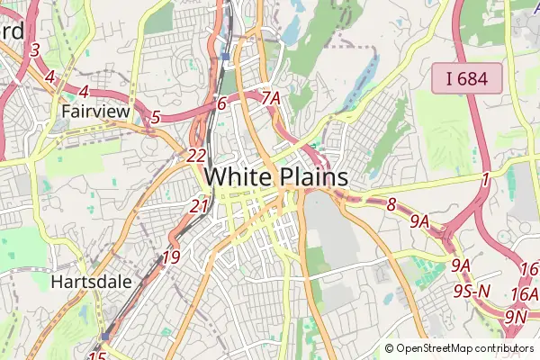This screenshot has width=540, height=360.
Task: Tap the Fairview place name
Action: click(96, 112)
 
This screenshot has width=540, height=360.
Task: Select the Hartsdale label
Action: click(91, 282)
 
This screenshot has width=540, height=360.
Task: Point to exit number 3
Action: click(35, 50)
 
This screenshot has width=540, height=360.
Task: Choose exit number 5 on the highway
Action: click(156, 117)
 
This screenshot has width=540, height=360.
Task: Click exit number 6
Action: click(221, 103)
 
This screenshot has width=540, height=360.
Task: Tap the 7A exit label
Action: click(271, 97)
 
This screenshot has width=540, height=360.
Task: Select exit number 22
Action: click(197, 156)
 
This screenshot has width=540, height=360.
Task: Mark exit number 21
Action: click(199, 206)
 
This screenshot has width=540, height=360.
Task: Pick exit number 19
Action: click(171, 258)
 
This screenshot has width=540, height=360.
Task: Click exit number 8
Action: click(391, 205)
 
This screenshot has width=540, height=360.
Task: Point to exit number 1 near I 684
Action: click(485, 180)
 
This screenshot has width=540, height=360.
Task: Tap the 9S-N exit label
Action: click(472, 291)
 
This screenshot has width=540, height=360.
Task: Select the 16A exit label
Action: click(524, 294)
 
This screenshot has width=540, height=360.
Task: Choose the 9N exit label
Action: click(515, 317)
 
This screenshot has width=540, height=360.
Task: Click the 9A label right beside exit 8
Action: click(419, 220)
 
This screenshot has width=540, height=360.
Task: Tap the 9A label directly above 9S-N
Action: click(461, 265)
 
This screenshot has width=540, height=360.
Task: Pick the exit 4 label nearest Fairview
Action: click(84, 92)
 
